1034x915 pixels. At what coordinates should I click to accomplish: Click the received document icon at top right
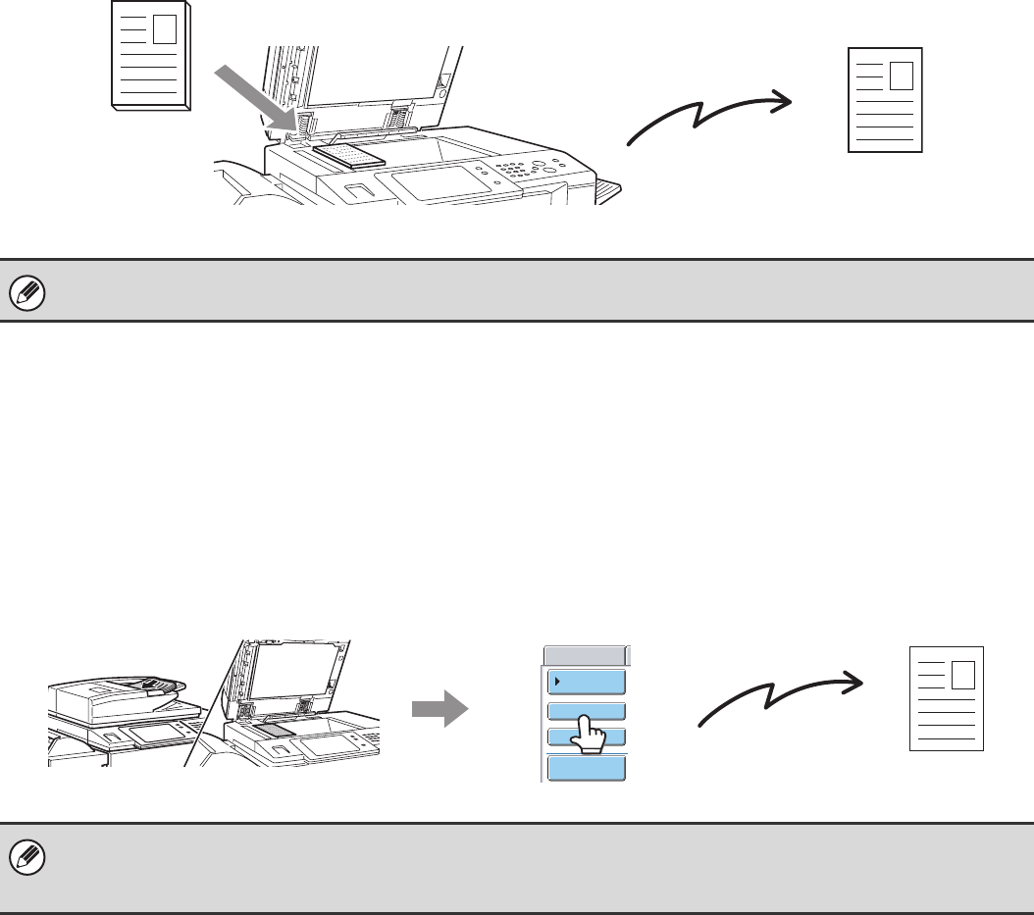pos(885,99)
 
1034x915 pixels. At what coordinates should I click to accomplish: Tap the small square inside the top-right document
pos(900,76)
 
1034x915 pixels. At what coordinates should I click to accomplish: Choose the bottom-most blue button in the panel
pos(586,768)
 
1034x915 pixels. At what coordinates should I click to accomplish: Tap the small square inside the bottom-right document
pos(962,674)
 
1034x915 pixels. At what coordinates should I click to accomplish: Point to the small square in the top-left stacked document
pos(165,29)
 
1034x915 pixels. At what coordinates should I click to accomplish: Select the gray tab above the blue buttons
pos(585,655)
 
